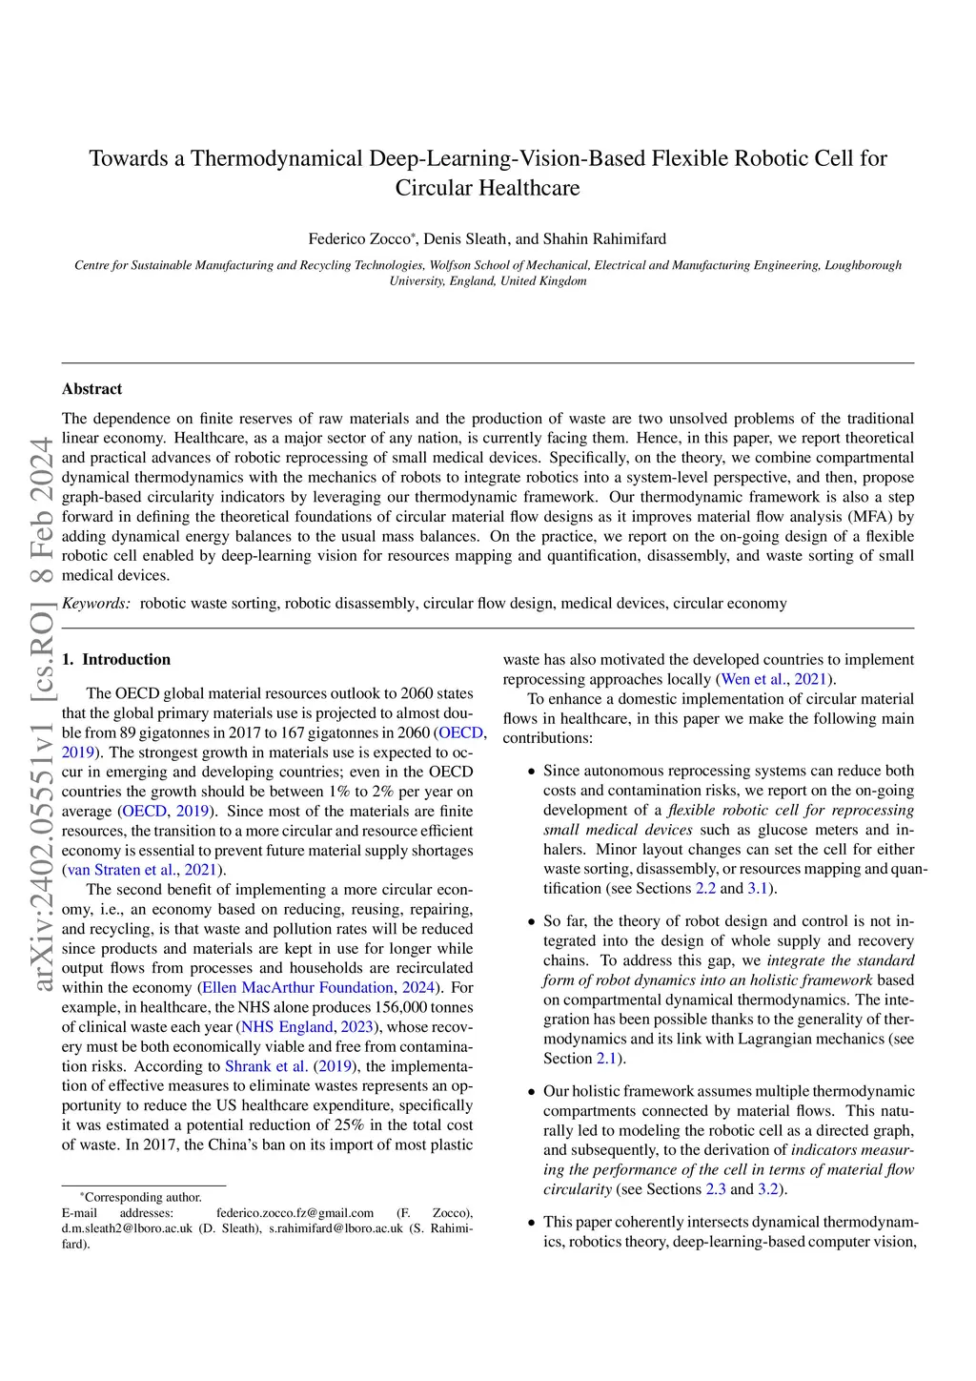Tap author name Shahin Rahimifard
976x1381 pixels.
[604, 238]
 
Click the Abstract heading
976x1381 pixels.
[92, 389]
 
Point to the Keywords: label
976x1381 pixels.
[96, 604]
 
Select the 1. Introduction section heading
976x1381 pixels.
[116, 660]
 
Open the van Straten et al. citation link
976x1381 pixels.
[121, 870]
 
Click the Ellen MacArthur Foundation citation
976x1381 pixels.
[297, 988]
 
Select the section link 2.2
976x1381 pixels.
[705, 889]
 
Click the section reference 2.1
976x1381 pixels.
[606, 1059]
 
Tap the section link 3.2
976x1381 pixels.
[768, 1189]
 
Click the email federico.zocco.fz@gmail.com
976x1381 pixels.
[295, 1214]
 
